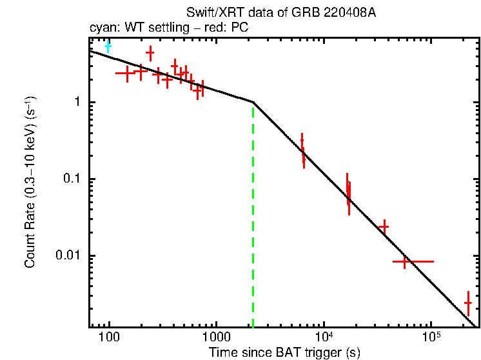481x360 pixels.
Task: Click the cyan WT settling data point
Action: click(x=108, y=46)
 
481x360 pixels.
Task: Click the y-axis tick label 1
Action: click(x=75, y=103)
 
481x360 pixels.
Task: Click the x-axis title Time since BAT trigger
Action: click(x=284, y=352)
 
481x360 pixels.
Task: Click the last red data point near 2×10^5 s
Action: click(x=467, y=302)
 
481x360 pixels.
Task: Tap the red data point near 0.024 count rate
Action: click(x=384, y=226)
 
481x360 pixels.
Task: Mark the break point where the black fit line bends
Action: click(x=253, y=102)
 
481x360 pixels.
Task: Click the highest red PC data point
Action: click(x=150, y=53)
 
